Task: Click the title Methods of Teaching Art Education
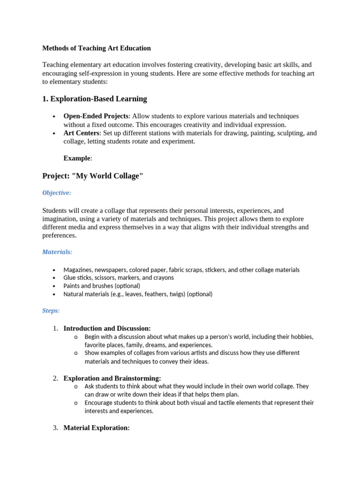[x=97, y=48]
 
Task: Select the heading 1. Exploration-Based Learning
[x=94, y=99]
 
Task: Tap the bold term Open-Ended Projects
[x=96, y=116]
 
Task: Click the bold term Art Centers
[x=81, y=133]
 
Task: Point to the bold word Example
[x=77, y=158]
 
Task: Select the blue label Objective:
[x=57, y=193]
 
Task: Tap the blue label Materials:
[x=57, y=252]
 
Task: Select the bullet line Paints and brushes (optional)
[x=102, y=286]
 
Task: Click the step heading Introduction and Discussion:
[x=107, y=329]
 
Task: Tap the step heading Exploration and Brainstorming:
[x=112, y=378]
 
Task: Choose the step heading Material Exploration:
[x=96, y=428]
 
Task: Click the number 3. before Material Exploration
[x=55, y=428]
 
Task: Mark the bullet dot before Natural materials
[x=54, y=295]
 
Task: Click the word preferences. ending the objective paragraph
[x=59, y=236]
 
